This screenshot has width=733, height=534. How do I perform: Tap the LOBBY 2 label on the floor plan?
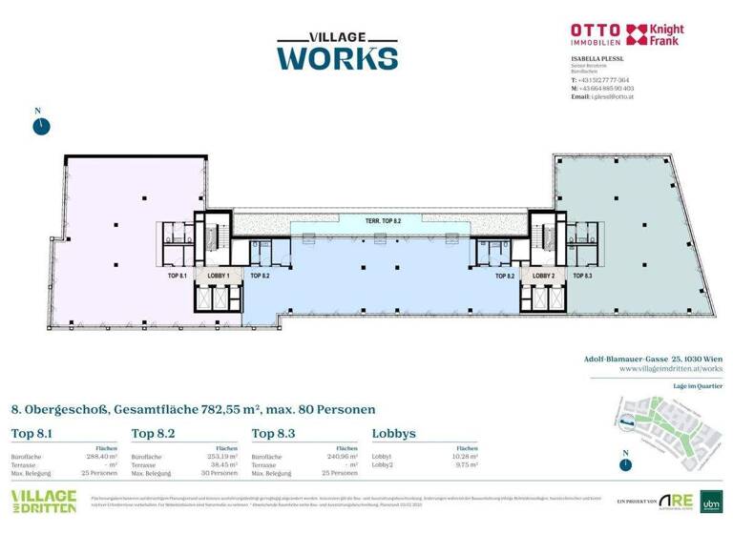tap(543, 275)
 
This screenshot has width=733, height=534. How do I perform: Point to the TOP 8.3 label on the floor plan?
tap(582, 275)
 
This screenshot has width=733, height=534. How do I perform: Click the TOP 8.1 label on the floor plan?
tap(177, 275)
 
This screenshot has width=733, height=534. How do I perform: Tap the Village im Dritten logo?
tap(43, 502)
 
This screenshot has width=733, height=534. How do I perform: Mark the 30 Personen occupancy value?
tap(219, 473)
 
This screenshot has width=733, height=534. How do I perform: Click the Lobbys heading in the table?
tap(394, 434)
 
